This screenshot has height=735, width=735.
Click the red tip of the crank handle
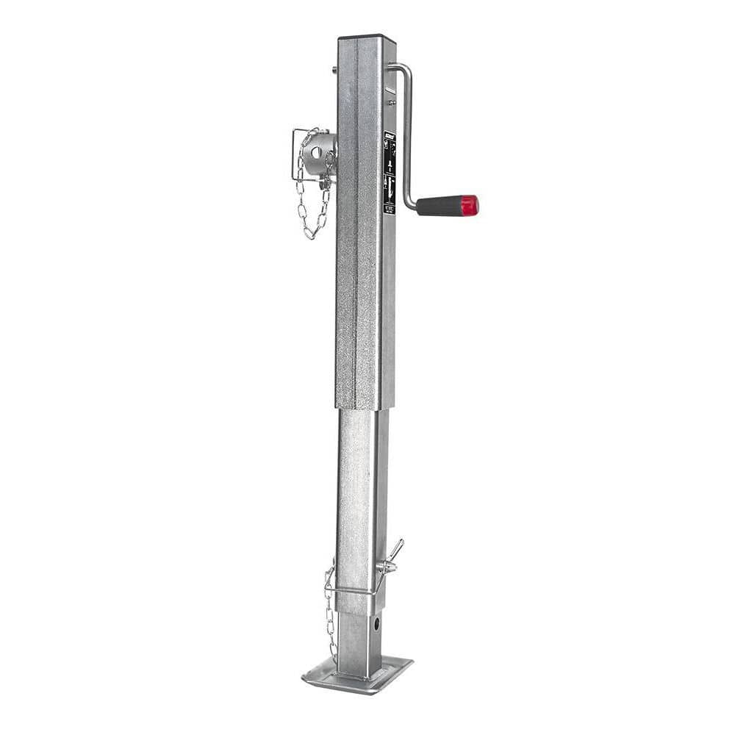[x=470, y=205]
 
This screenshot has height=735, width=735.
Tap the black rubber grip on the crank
[x=440, y=206]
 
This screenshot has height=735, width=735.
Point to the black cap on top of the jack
[x=366, y=37]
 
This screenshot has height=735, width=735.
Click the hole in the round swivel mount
[x=316, y=152]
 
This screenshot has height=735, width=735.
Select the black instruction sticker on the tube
[x=390, y=173]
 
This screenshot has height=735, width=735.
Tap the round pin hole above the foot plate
[x=376, y=624]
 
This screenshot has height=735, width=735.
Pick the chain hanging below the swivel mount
[x=312, y=209]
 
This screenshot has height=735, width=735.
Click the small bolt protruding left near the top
[x=334, y=71]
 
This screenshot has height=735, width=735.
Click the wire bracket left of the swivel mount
[x=295, y=154]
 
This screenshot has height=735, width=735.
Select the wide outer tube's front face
[x=359, y=243]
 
